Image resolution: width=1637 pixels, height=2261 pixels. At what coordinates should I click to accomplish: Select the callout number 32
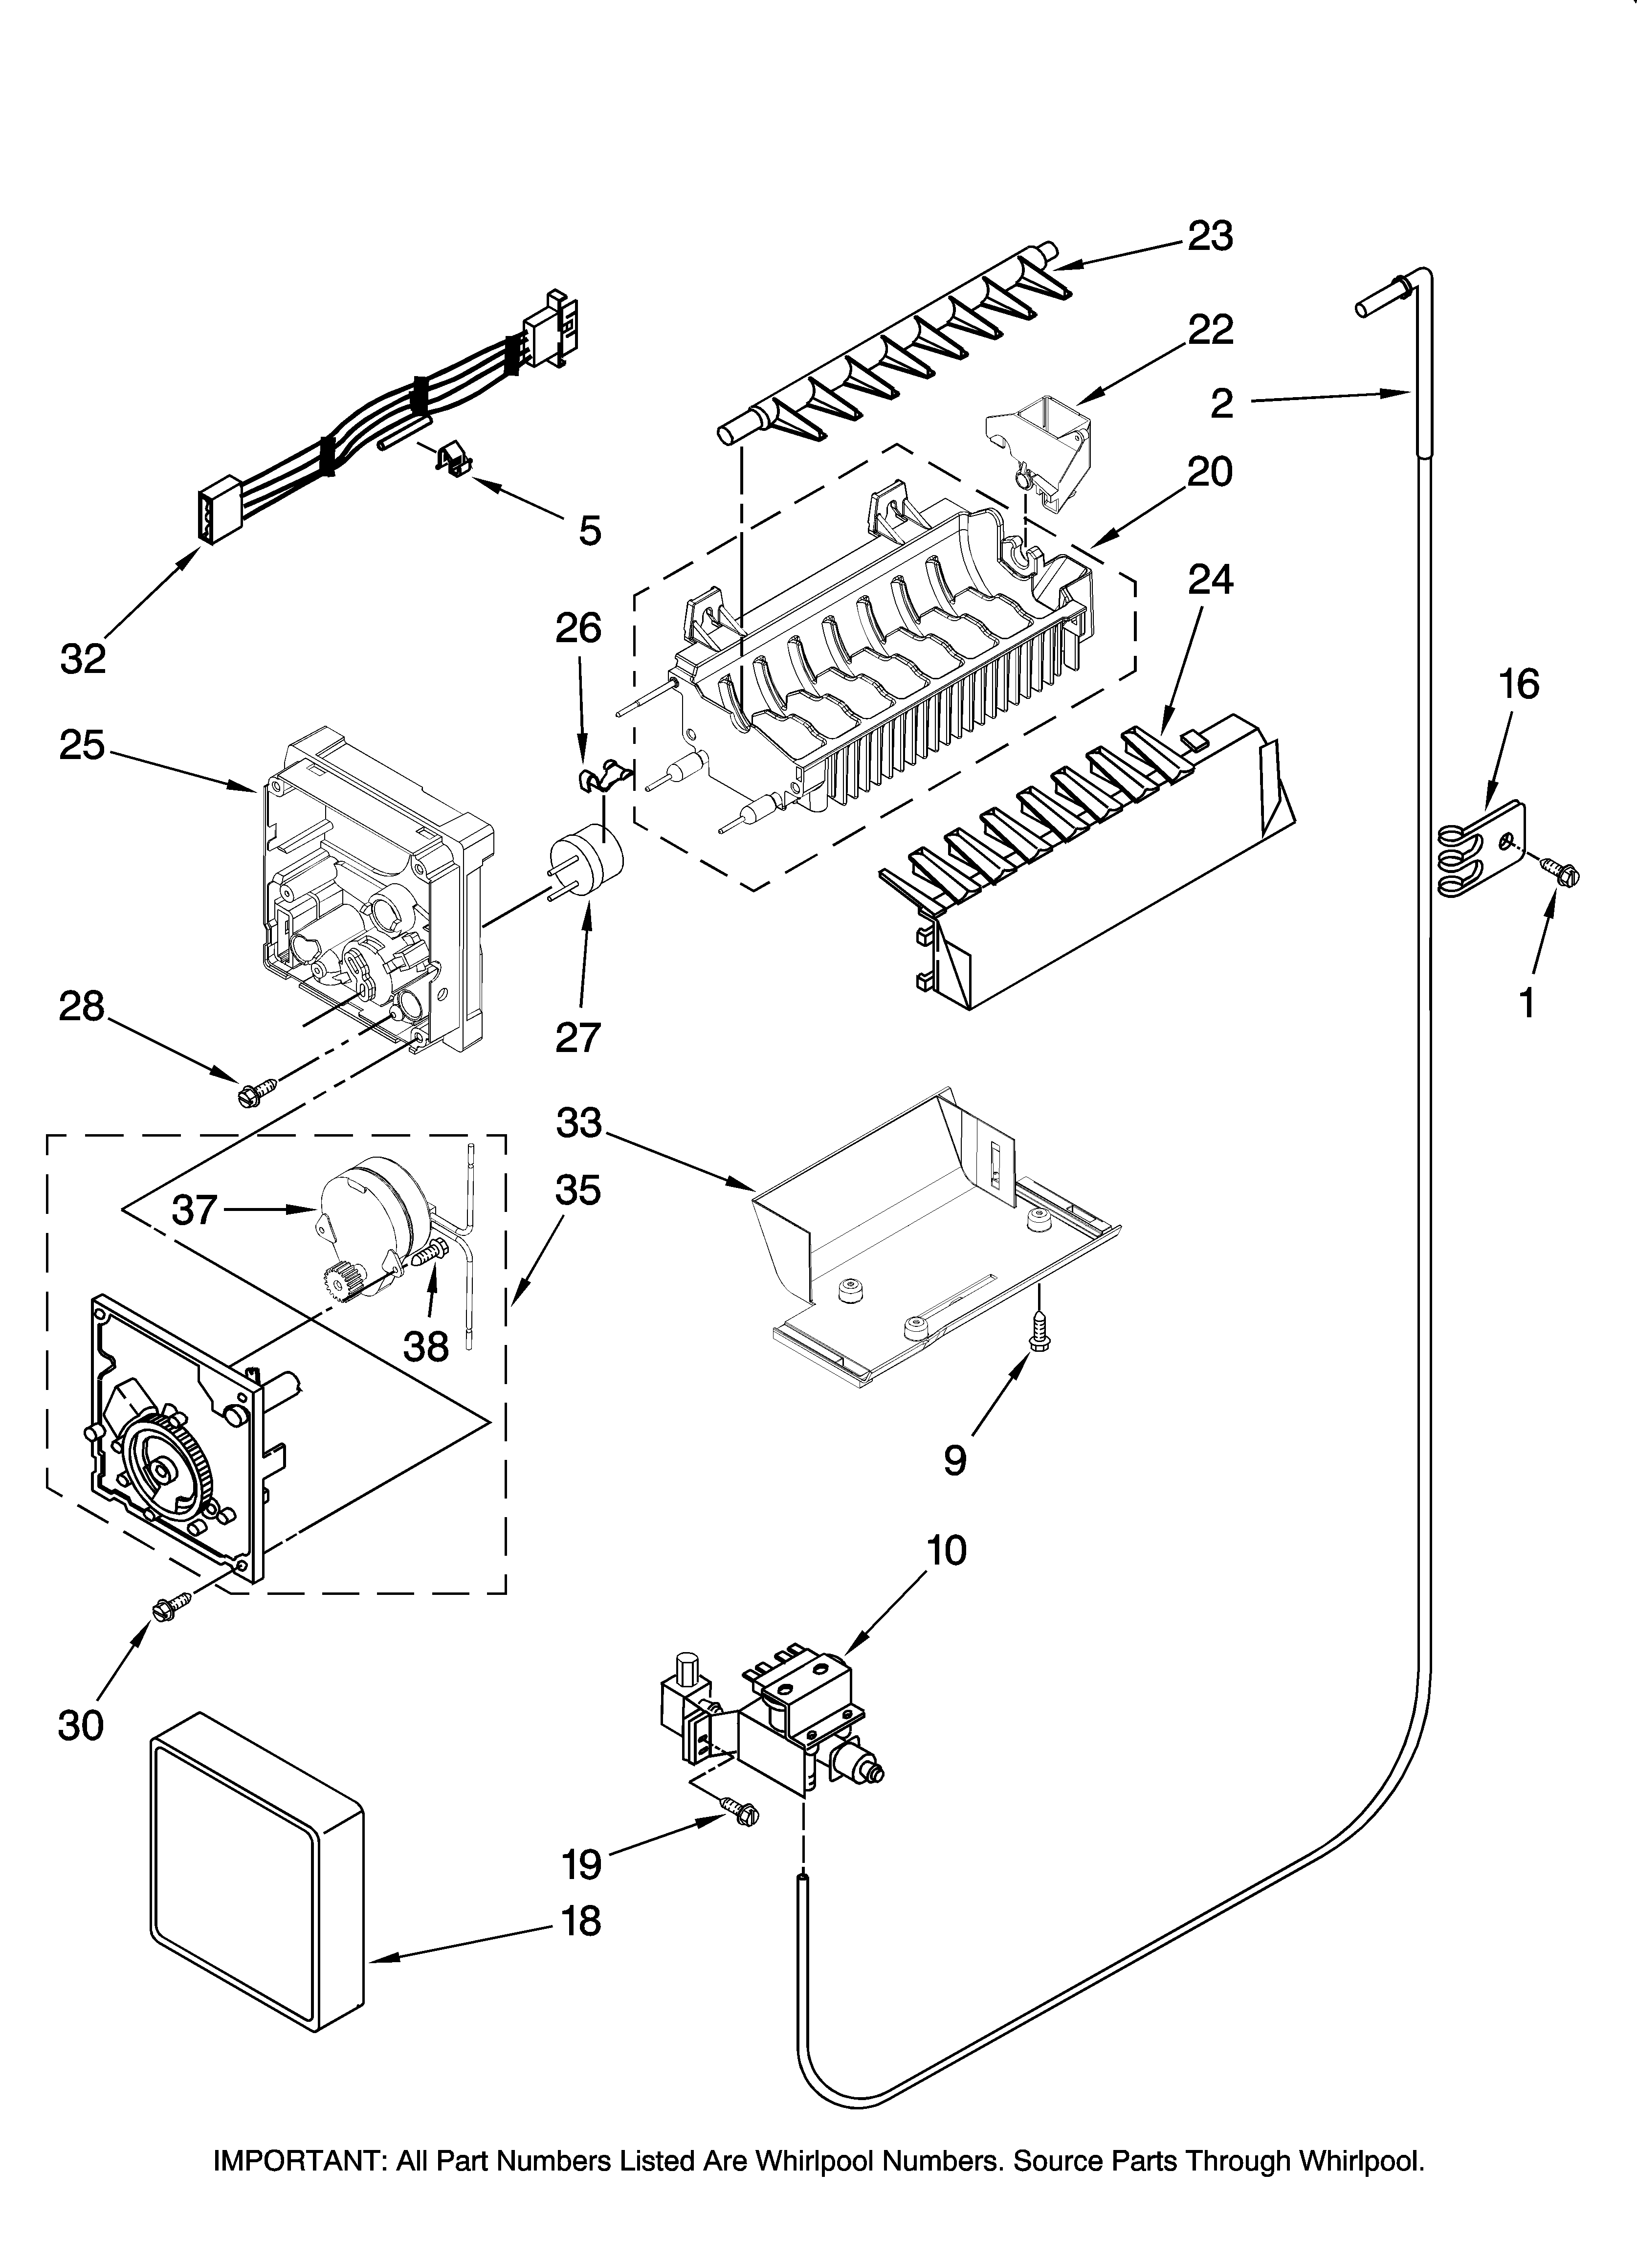click(83, 659)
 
